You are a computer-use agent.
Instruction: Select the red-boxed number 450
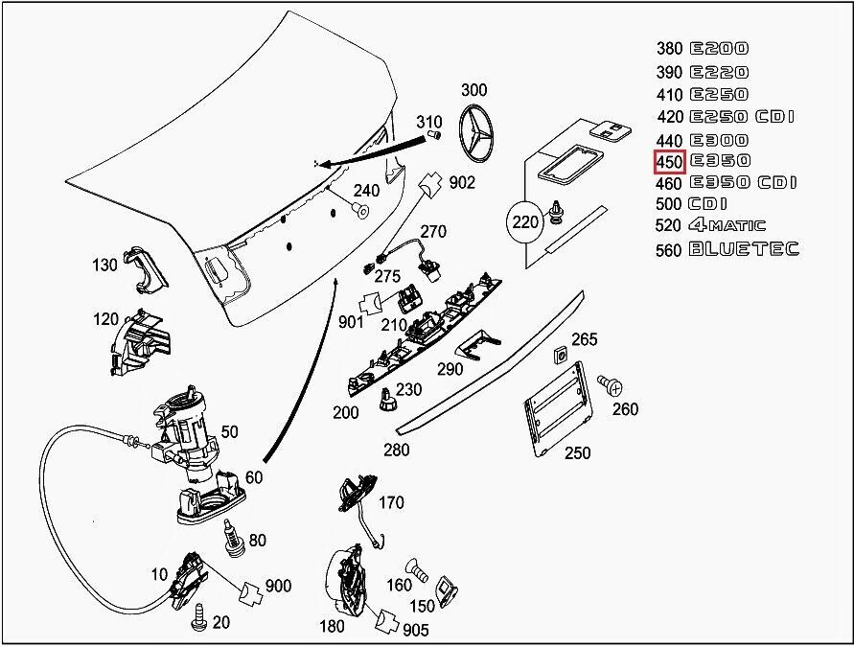tap(669, 161)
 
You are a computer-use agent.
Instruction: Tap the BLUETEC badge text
tap(744, 250)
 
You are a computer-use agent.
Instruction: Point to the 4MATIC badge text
tap(727, 226)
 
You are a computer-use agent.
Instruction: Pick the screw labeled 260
tap(609, 385)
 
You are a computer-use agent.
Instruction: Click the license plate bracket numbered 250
tap(557, 408)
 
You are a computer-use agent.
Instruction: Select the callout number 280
tap(396, 450)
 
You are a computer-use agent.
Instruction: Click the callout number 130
tap(105, 266)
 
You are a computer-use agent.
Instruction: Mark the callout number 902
tap(462, 181)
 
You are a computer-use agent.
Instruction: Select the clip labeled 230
tap(386, 400)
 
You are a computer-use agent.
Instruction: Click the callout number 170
tap(391, 502)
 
